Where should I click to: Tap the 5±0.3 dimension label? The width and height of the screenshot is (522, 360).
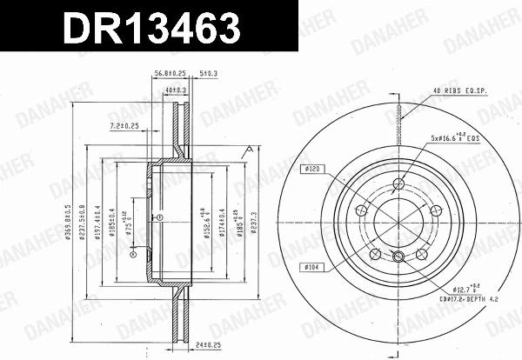208,75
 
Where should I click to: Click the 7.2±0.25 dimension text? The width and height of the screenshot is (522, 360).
125,126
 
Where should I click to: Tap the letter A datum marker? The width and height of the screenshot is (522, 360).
248,152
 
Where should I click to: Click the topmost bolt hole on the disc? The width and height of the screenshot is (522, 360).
398,183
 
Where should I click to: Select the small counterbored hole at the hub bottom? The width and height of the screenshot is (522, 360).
398,257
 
